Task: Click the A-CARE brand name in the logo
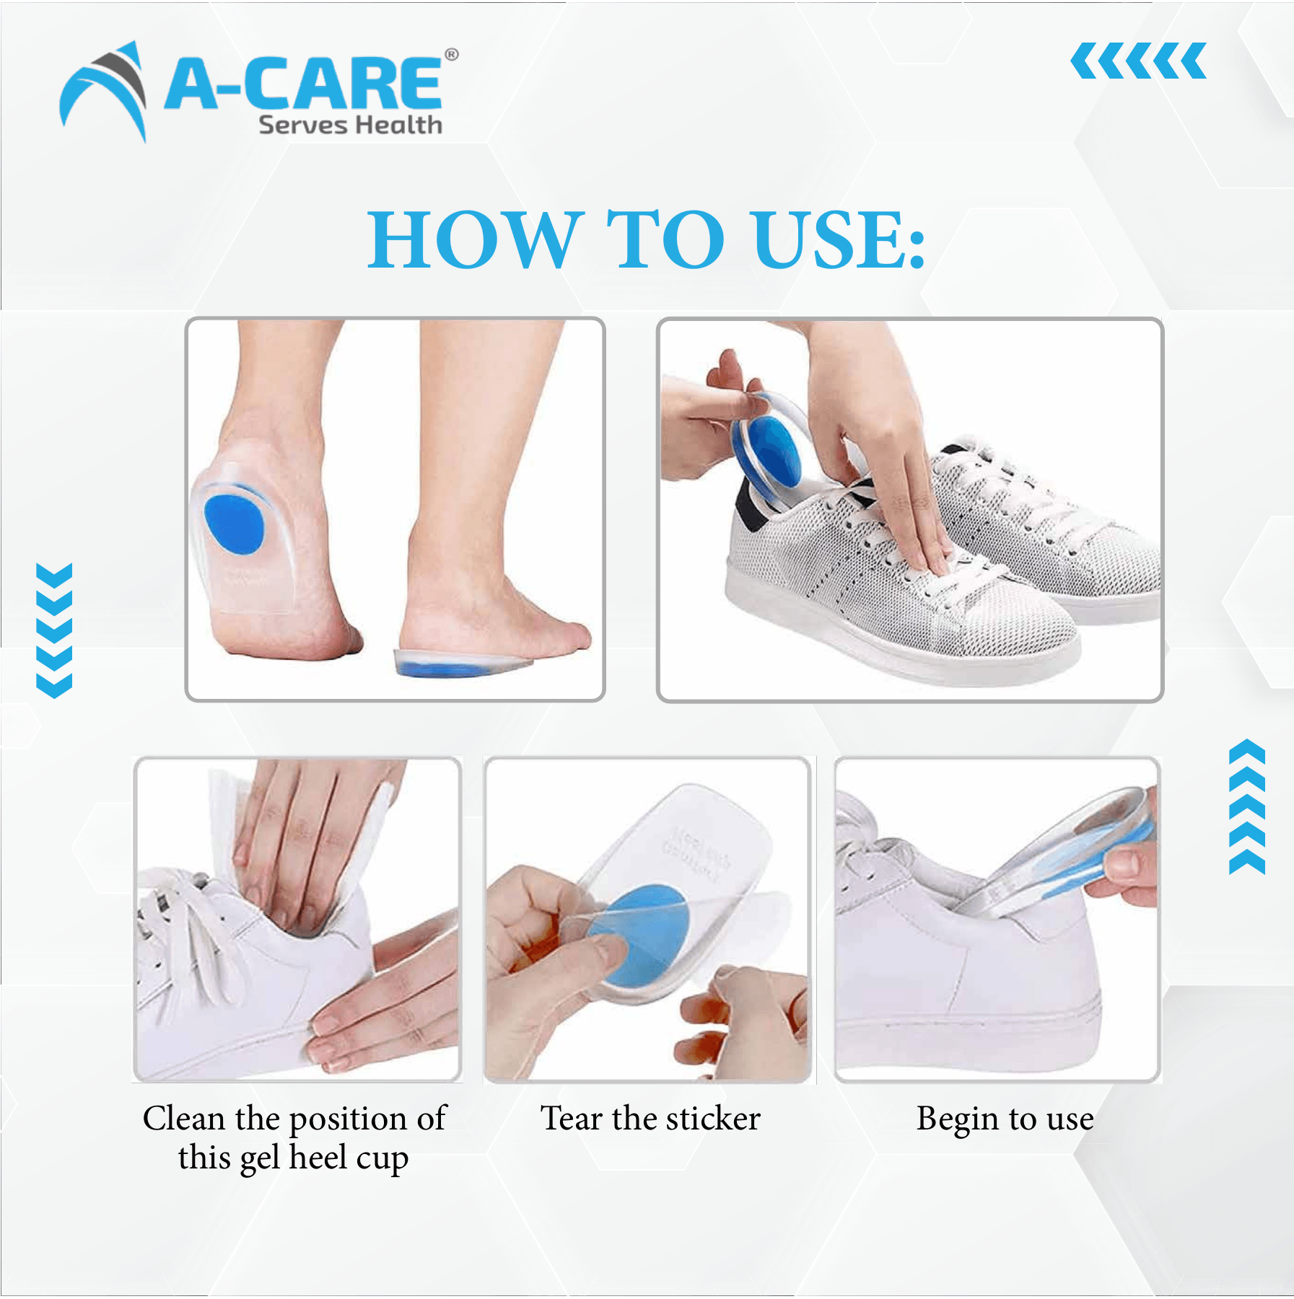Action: coord(303,84)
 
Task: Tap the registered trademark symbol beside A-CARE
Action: coord(451,55)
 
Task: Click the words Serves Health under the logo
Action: coord(350,125)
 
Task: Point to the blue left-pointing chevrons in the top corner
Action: coord(1138,61)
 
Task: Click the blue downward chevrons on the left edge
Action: coord(54,630)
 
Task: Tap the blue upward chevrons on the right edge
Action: coord(1247,806)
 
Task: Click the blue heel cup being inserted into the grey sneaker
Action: coord(766,446)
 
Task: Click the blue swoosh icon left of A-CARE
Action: coord(103,91)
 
